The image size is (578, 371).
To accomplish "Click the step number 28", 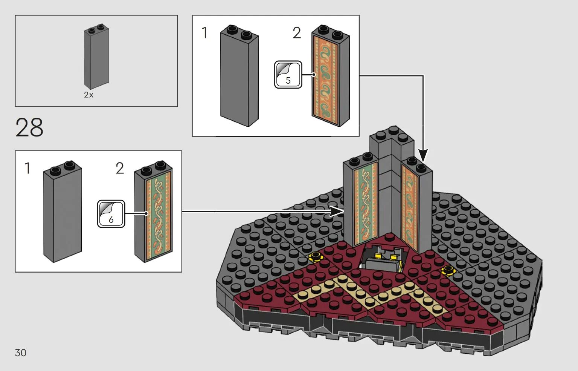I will coord(29,127).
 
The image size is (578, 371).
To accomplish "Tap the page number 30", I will coord(21,353).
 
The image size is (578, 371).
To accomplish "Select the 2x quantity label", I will coord(88,95).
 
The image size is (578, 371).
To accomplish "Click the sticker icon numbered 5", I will coord(288,75).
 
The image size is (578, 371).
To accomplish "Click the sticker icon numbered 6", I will coord(111,214).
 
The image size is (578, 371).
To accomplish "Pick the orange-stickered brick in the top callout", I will coord(331,77).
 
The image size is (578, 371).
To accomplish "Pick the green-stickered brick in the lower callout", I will coord(154,213).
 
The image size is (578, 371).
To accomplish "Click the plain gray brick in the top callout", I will coord(239,77).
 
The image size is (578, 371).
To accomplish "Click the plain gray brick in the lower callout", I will coord(63,213).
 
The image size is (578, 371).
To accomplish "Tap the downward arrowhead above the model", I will coord(423,155).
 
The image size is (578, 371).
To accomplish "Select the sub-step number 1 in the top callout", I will coord(204,33).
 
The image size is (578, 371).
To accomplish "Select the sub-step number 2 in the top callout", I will coord(297,33).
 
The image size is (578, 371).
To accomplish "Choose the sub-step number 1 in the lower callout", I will coord(27,168).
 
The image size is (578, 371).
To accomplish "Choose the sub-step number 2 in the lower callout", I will coord(120,168).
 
